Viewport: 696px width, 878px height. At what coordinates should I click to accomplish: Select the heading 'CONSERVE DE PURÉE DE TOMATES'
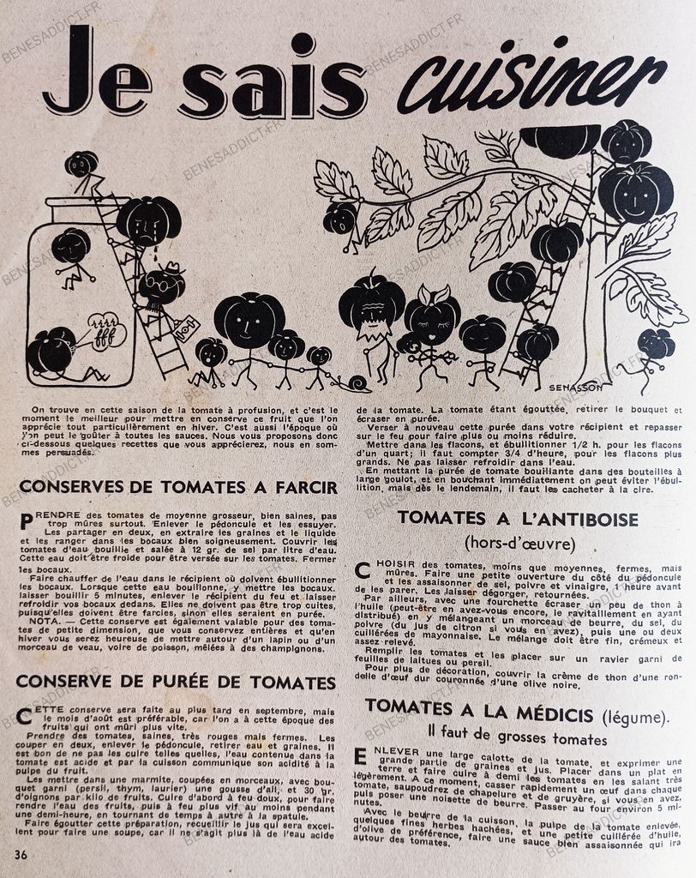click(176, 683)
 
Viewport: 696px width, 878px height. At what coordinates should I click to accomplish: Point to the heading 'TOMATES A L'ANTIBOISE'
click(518, 519)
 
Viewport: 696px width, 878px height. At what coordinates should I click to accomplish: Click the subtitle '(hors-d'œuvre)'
click(518, 543)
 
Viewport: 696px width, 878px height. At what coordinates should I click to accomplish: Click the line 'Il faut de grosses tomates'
click(518, 738)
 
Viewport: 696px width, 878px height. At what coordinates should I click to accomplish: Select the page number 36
click(21, 855)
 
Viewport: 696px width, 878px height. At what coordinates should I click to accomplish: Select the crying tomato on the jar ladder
click(147, 221)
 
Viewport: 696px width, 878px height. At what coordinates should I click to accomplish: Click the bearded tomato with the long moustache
click(371, 309)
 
